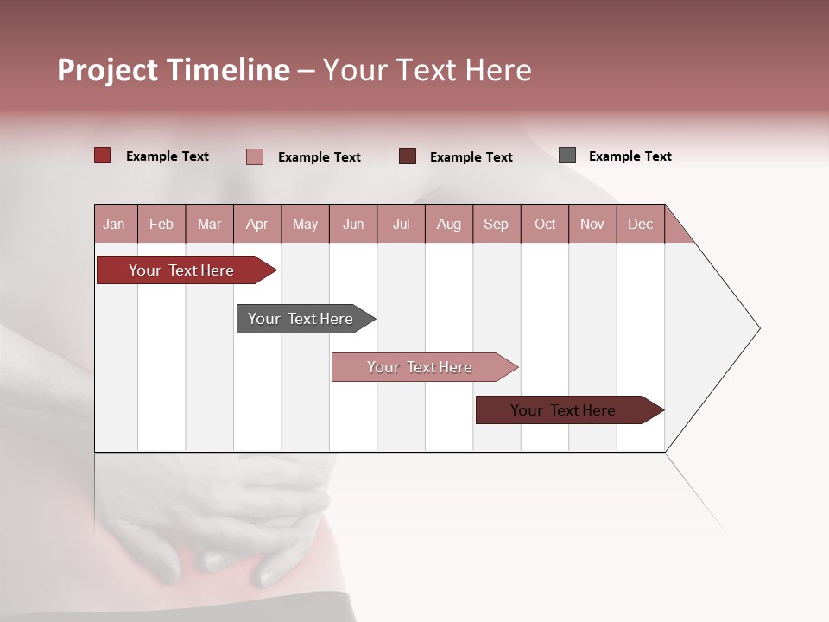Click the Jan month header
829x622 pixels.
[x=114, y=224]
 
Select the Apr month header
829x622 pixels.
[x=256, y=224]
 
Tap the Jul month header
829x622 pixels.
[x=401, y=224]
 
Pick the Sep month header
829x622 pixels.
[x=496, y=224]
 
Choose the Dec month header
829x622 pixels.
[x=640, y=224]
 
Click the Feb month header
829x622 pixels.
[x=161, y=224]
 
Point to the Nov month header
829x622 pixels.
[x=592, y=224]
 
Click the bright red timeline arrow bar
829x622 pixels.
[x=181, y=270]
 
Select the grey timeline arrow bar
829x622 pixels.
[x=301, y=319]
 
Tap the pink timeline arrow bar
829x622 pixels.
[x=420, y=367]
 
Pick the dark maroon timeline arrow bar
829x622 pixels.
[x=563, y=410]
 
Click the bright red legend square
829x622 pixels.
[x=103, y=155]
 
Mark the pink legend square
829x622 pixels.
[x=255, y=156]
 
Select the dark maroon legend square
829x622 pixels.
[x=408, y=156]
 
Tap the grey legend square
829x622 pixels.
[x=567, y=155]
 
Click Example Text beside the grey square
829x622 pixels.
[x=630, y=156]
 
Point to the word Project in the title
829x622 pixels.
[x=108, y=70]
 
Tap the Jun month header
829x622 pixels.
[x=353, y=224]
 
